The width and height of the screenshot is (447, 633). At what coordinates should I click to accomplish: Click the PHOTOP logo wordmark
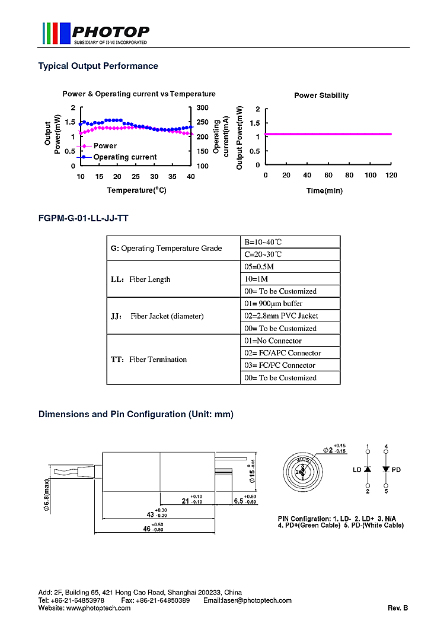[x=110, y=31]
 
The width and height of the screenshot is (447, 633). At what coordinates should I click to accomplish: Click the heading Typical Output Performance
[x=98, y=66]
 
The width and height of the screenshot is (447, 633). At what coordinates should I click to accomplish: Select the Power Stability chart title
[x=321, y=96]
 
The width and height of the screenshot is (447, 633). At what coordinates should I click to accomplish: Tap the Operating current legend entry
[x=124, y=157]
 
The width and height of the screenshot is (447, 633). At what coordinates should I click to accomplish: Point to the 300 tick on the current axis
[x=203, y=107]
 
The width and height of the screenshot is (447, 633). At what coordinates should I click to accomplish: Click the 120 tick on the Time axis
[x=391, y=175]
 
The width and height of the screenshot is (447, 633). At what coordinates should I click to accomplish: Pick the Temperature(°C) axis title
[x=136, y=190]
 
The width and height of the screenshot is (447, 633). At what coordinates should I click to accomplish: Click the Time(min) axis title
[x=324, y=190]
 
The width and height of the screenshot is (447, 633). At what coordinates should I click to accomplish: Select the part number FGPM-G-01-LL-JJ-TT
[x=84, y=218]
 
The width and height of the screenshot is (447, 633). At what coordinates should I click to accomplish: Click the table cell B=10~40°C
[x=263, y=242]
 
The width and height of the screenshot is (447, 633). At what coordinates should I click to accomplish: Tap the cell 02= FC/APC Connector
[x=283, y=353]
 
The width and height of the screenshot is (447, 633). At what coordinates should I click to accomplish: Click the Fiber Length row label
[x=141, y=279]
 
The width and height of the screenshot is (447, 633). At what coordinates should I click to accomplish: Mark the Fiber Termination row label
[x=149, y=360]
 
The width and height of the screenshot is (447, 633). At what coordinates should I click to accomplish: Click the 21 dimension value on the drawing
[x=185, y=501]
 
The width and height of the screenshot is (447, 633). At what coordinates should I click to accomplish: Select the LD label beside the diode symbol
[x=357, y=470]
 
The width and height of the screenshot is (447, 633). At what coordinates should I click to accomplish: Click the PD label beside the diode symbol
[x=396, y=470]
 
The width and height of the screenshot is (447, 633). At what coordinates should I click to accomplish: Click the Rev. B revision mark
[x=398, y=608]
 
